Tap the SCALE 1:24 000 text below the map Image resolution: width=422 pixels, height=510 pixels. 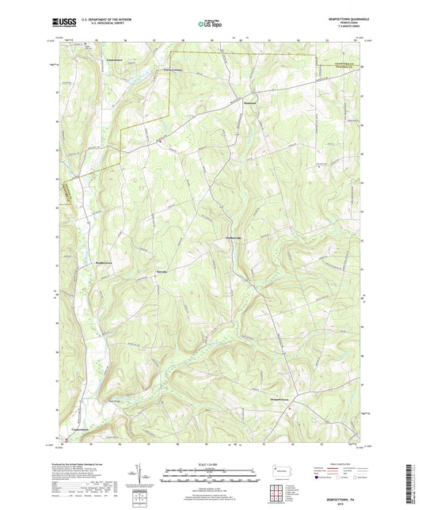pos(210,464)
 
